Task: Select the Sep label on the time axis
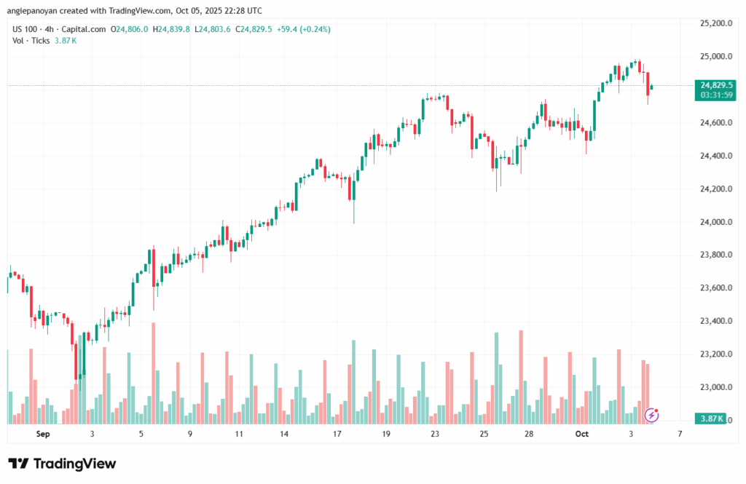point(42,434)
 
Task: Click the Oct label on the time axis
point(581,434)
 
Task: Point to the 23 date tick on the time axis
point(435,434)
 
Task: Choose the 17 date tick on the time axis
point(337,434)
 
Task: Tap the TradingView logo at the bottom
point(62,464)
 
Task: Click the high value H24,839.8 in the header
point(171,29)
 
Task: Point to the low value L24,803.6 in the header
point(212,29)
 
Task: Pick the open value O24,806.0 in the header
point(130,29)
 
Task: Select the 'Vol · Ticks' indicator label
point(31,41)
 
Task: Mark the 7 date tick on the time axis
point(679,434)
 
